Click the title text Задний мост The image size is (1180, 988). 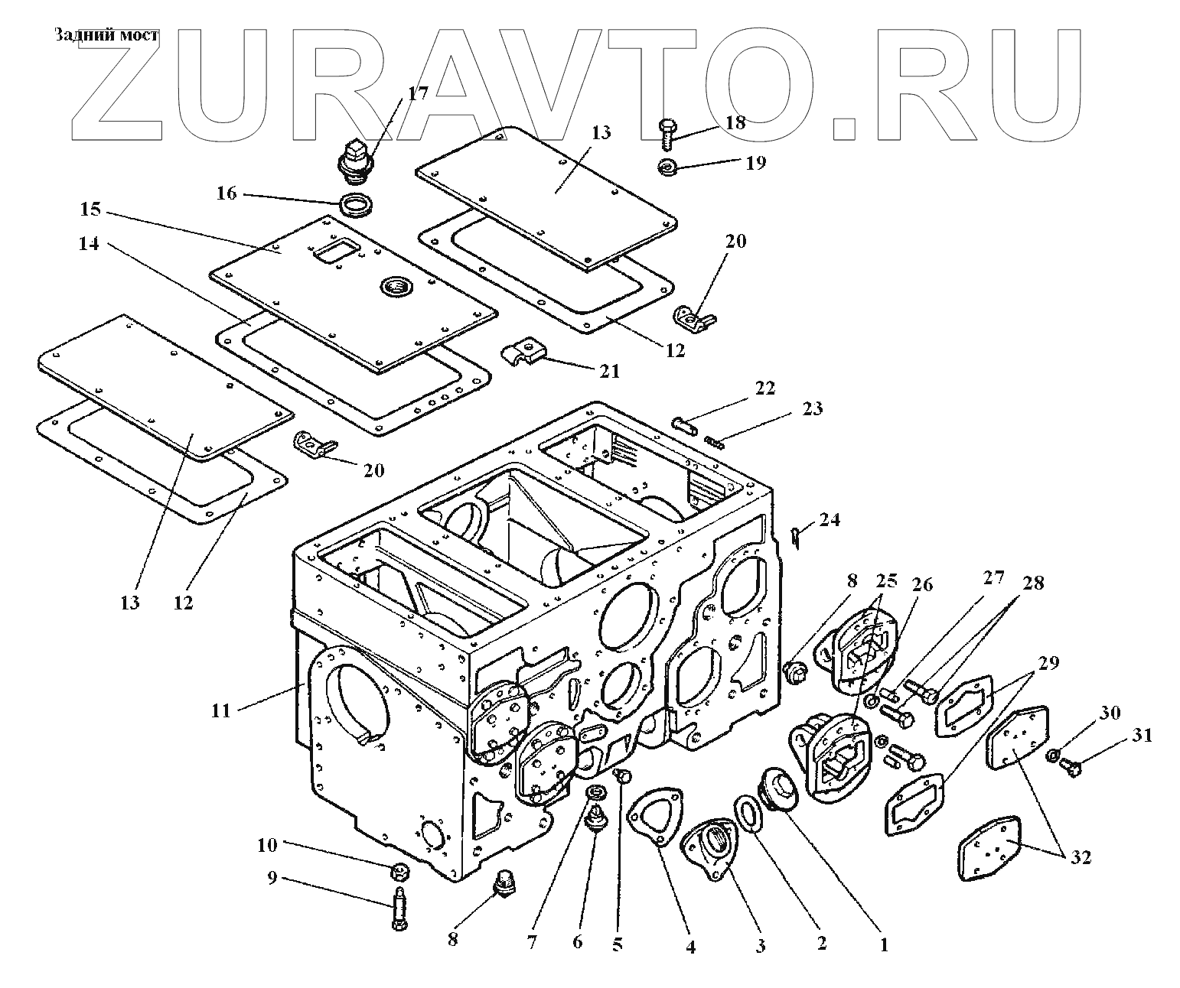coord(106,35)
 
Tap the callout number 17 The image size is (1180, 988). coord(417,94)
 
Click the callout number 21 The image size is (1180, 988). coord(609,371)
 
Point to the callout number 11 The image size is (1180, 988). coord(221,710)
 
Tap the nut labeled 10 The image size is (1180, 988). coord(398,870)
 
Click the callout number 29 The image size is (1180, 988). coord(1048,663)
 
